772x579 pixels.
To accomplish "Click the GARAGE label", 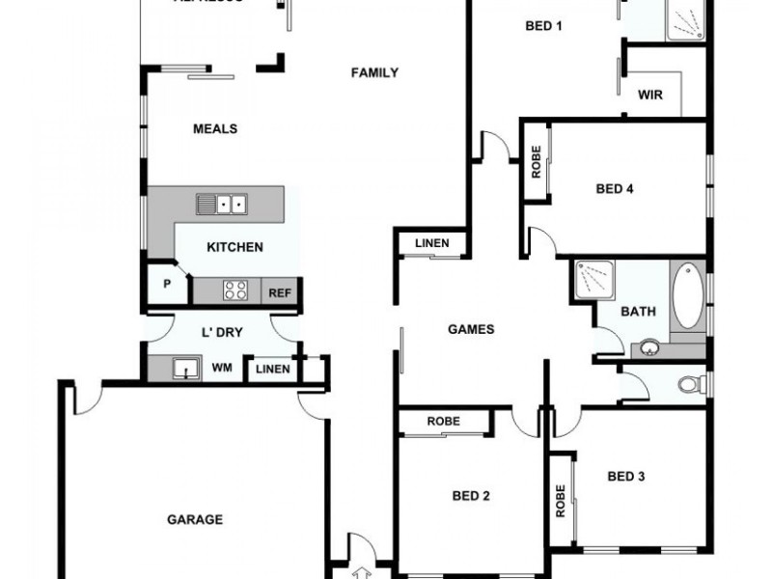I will click(x=195, y=519).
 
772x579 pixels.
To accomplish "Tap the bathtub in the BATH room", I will click(x=688, y=296).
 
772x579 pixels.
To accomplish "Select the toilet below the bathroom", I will click(x=689, y=385).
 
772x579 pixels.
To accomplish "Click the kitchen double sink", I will click(x=222, y=204).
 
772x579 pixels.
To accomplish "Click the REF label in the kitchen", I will click(x=280, y=292).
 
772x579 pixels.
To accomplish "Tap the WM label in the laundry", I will click(x=221, y=368).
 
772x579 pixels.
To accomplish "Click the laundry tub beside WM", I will click(x=180, y=367).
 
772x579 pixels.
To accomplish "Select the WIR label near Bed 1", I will click(x=649, y=95).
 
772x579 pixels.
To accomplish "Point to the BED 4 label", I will click(x=615, y=189).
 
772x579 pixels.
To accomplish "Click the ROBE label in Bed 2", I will click(x=443, y=422).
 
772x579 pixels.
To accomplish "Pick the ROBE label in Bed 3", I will click(x=561, y=500).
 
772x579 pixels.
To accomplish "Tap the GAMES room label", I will click(x=471, y=329).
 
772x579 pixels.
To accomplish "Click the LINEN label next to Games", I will click(x=431, y=243).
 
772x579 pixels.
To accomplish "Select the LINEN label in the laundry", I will click(x=272, y=369).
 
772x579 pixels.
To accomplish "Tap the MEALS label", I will click(x=215, y=128).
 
